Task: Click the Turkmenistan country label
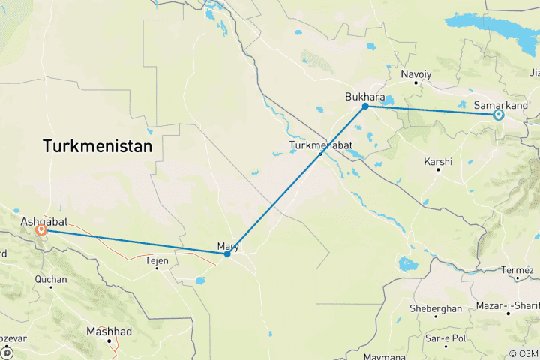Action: click(97, 145)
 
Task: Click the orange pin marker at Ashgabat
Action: click(41, 231)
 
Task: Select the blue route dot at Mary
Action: click(227, 254)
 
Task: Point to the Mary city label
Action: click(227, 245)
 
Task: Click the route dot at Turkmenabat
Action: click(320, 154)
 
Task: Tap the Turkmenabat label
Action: click(319, 145)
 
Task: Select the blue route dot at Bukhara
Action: click(365, 106)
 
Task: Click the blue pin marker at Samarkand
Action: click(498, 115)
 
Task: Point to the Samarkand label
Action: click(502, 105)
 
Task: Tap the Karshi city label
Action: click(438, 161)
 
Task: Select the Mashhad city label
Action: click(109, 331)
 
